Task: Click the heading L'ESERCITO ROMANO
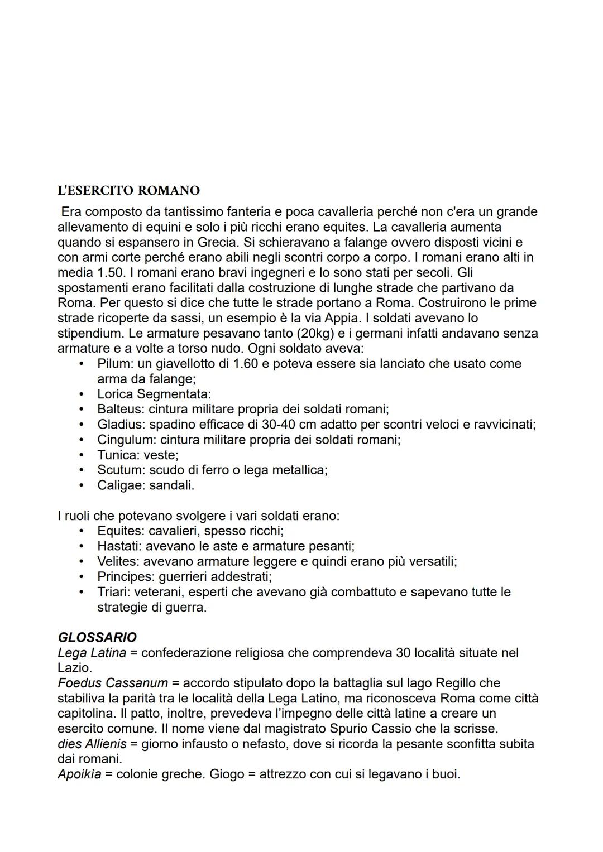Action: pyautogui.click(x=128, y=191)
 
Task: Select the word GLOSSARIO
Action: pyautogui.click(x=97, y=637)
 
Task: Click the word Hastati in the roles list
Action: pyautogui.click(x=118, y=546)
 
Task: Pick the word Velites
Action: pyautogui.click(x=116, y=561)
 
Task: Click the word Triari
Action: pyautogui.click(x=113, y=592)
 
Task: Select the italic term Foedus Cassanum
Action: pyautogui.click(x=112, y=683)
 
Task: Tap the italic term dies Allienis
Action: pyautogui.click(x=92, y=744)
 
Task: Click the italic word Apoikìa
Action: pyautogui.click(x=79, y=774)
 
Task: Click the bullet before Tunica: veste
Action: pyautogui.click(x=82, y=455)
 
